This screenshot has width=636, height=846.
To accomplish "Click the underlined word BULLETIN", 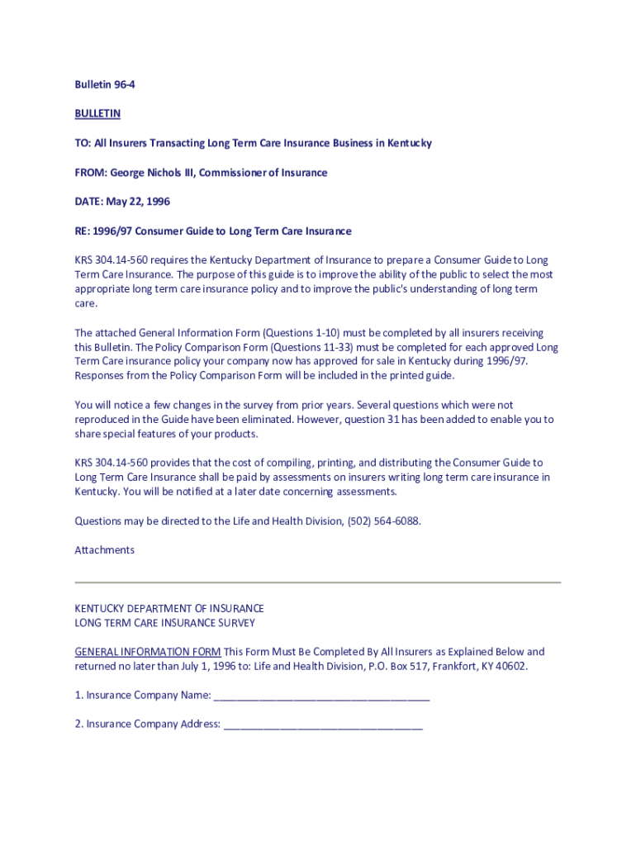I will [x=97, y=113].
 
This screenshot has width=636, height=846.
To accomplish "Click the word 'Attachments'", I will [x=105, y=550].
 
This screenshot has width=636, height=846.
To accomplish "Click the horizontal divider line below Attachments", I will [x=318, y=582].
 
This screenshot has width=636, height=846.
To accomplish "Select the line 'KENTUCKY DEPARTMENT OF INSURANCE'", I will [x=169, y=609].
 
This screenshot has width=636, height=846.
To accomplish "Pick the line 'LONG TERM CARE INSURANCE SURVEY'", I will [x=165, y=623].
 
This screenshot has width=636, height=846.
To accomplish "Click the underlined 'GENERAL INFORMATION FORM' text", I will [x=148, y=652].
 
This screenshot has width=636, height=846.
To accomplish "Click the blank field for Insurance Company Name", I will [x=321, y=696].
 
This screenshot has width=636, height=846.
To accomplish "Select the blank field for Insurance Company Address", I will [x=323, y=725].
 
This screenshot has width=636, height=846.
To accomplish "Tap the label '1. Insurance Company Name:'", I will [x=143, y=696].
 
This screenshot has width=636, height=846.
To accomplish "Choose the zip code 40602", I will [x=510, y=666].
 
